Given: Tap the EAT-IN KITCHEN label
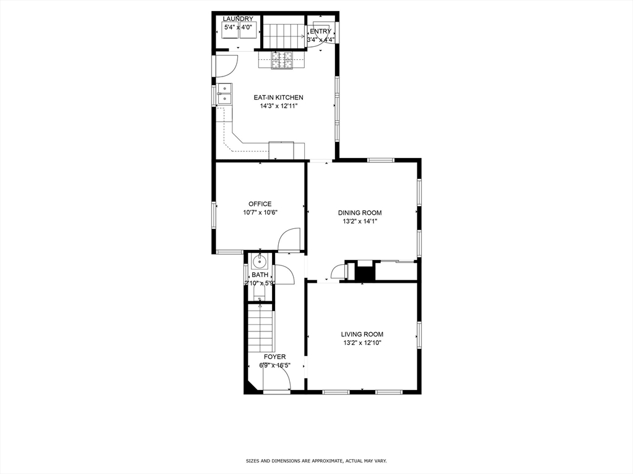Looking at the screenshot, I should tap(278, 98).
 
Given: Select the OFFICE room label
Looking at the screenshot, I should tap(260, 204).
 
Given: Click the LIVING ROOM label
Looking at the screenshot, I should tap(362, 335).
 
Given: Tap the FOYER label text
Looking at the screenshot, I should tap(275, 357).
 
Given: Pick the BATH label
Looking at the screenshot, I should tap(260, 275).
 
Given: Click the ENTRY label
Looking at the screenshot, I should tap(320, 31).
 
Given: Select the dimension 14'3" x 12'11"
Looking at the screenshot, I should tap(278, 106).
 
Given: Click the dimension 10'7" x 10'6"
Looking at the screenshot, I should tap(260, 213).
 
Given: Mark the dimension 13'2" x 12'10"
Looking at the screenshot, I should tap(362, 343).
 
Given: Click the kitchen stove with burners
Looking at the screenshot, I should tap(283, 60).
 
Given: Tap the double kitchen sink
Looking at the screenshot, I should tap(224, 93).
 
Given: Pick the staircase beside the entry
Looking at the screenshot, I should tap(284, 34).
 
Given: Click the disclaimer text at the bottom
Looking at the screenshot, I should tap(316, 461).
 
